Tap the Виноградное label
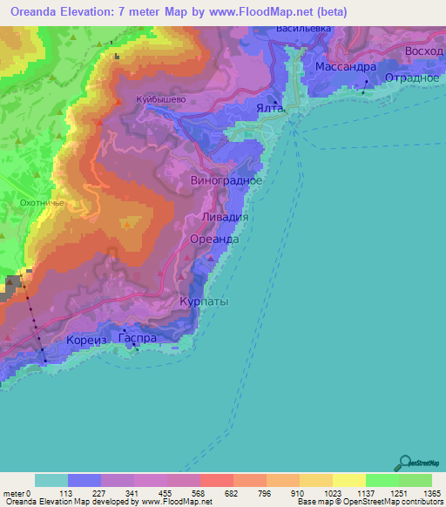(226, 180)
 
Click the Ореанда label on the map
(213, 238)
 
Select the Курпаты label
(204, 301)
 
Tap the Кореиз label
(85, 339)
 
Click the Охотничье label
(37, 202)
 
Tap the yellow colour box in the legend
(349, 479)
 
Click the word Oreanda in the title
(37, 11)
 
